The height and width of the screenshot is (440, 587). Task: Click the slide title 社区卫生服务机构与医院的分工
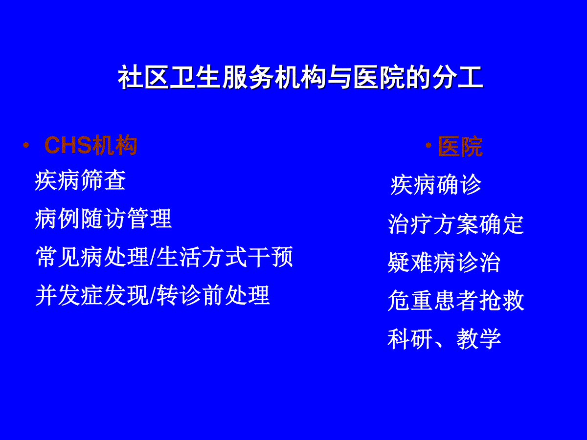[x=300, y=77]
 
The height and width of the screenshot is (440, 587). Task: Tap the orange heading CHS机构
[x=91, y=145]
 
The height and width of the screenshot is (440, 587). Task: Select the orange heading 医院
[x=460, y=146]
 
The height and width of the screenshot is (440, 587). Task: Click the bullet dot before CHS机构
[x=26, y=145]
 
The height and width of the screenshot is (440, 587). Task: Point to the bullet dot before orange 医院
[x=429, y=145]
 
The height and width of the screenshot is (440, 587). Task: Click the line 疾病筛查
[x=80, y=180]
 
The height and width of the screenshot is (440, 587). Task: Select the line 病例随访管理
[x=103, y=219]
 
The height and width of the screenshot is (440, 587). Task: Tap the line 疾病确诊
[x=436, y=185]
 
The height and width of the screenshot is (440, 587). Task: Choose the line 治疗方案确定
[x=456, y=224]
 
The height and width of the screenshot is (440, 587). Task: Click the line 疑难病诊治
[x=444, y=263]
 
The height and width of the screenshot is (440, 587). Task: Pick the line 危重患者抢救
[x=456, y=300]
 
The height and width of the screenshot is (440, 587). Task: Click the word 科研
[x=410, y=339]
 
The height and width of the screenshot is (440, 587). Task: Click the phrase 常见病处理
[x=92, y=257]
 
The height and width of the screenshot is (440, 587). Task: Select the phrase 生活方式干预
[x=225, y=257]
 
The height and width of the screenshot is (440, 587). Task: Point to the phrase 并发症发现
[x=92, y=295]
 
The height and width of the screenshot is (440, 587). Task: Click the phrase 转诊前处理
[x=213, y=295]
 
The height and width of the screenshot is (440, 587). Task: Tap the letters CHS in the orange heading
[x=68, y=145]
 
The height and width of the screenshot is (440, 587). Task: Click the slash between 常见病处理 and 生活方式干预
[x=153, y=257]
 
